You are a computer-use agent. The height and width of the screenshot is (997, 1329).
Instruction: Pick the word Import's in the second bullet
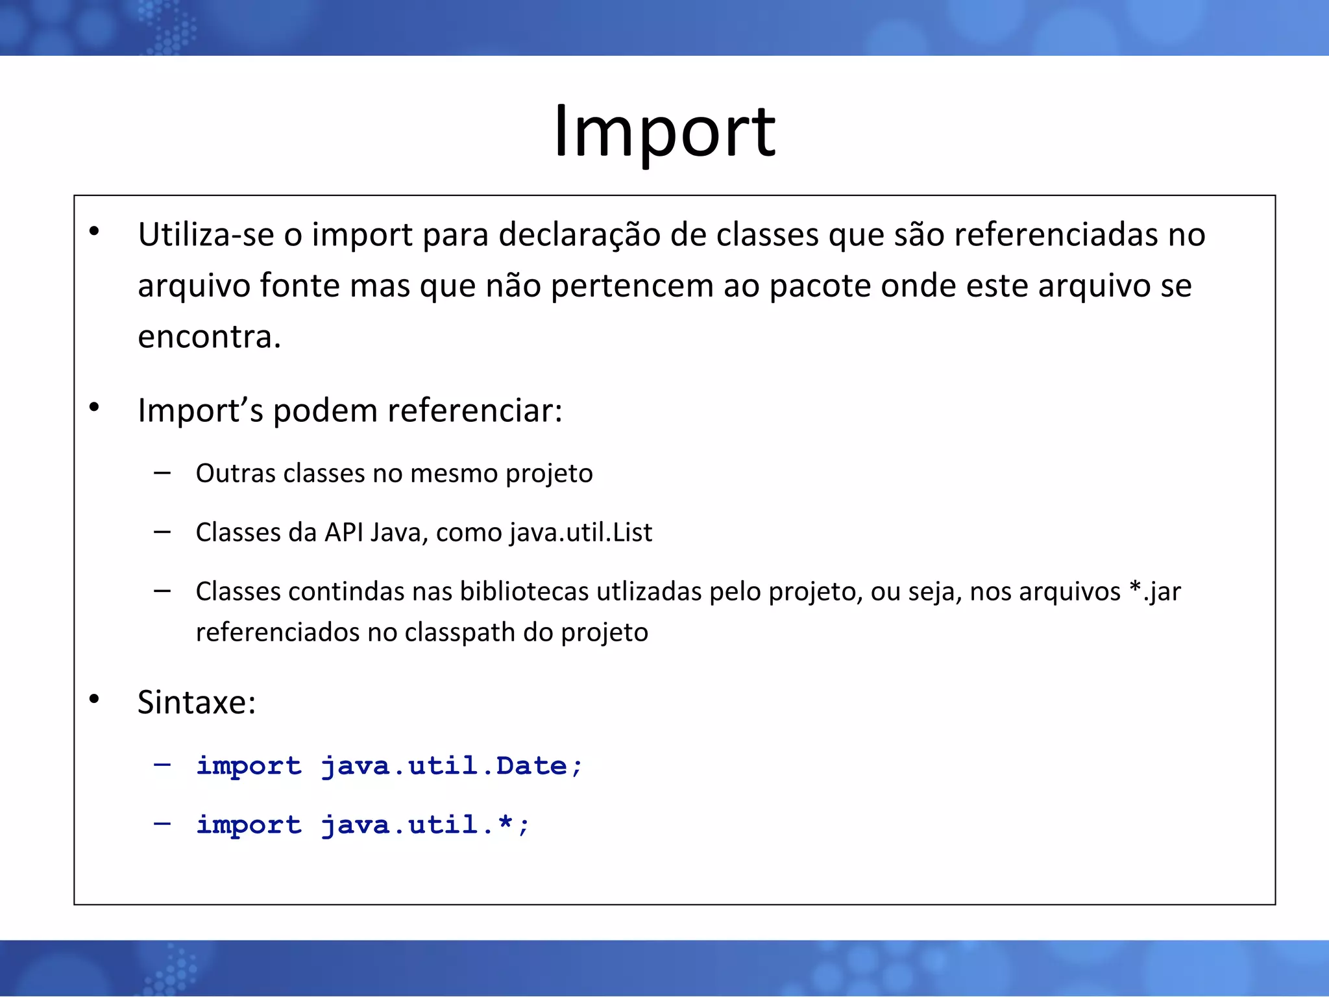(201, 411)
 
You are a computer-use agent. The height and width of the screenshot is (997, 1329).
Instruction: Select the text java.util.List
(580, 533)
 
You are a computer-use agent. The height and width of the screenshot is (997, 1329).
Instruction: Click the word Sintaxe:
(197, 702)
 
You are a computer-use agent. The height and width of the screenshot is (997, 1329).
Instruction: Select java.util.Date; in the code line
(452, 766)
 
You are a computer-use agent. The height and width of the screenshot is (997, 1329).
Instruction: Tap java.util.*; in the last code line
(425, 825)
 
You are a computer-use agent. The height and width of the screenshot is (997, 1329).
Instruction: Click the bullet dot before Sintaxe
(95, 699)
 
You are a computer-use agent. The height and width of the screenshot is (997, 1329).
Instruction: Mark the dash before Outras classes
(162, 473)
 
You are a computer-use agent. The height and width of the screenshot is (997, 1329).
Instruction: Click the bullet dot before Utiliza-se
(95, 231)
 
